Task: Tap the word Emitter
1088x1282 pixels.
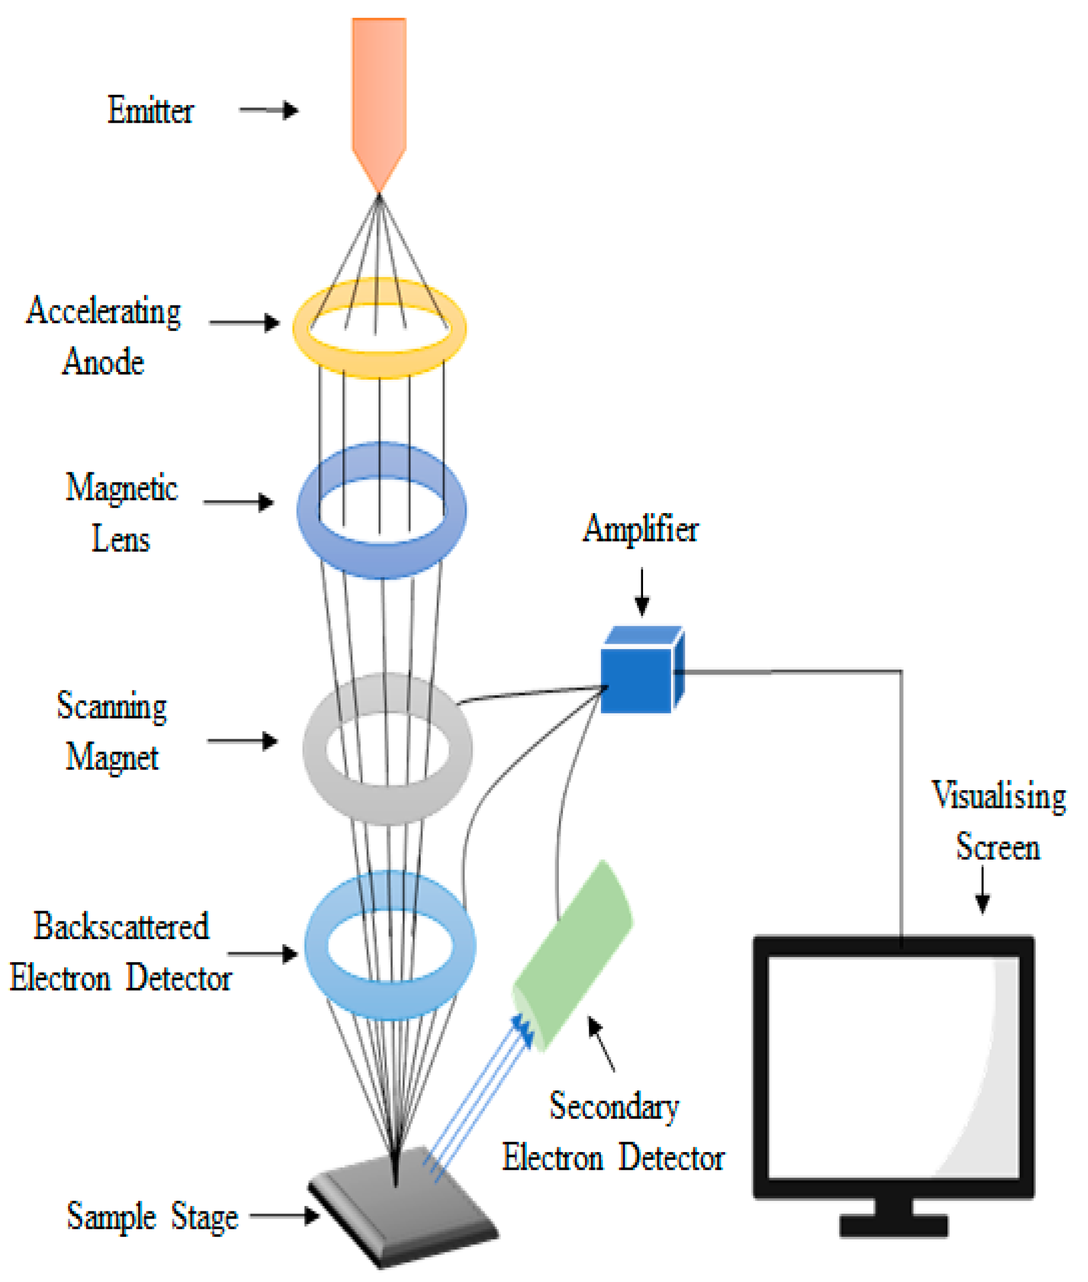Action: (x=151, y=111)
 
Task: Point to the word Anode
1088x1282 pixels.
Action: (x=104, y=361)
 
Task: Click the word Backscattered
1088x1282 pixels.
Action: (x=122, y=926)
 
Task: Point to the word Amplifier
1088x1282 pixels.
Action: (x=641, y=529)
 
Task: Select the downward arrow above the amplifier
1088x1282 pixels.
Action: (x=642, y=592)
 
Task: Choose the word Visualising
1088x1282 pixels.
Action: (x=998, y=795)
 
